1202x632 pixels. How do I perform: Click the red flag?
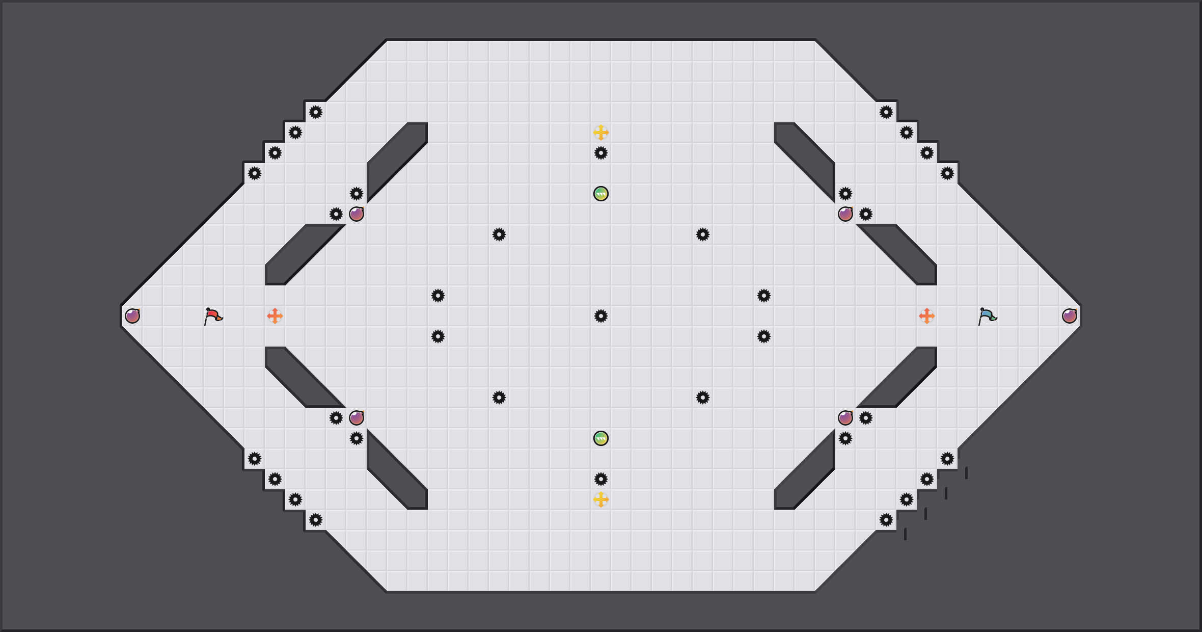pyautogui.click(x=213, y=317)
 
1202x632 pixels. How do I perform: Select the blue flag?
pyautogui.click(x=987, y=317)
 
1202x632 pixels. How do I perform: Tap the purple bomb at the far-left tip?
pyautogui.click(x=132, y=316)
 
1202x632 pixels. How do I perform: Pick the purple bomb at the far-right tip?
pyautogui.click(x=1070, y=316)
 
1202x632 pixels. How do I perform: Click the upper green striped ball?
pyautogui.click(x=601, y=194)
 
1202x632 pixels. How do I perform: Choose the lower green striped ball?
pyautogui.click(x=601, y=438)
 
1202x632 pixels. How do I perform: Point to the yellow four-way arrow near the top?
pyautogui.click(x=601, y=133)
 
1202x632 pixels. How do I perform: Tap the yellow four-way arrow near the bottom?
pyautogui.click(x=601, y=499)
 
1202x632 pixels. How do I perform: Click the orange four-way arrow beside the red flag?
pyautogui.click(x=275, y=316)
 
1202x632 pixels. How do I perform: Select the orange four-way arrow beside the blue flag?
pyautogui.click(x=927, y=316)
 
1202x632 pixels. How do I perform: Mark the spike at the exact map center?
pyautogui.click(x=601, y=316)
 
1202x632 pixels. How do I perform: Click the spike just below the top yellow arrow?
pyautogui.click(x=601, y=153)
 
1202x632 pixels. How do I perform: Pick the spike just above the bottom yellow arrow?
pyautogui.click(x=601, y=479)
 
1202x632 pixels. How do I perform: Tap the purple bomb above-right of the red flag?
pyautogui.click(x=357, y=214)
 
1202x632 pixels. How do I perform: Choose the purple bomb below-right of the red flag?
pyautogui.click(x=357, y=418)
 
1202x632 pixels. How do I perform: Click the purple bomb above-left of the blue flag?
pyautogui.click(x=845, y=214)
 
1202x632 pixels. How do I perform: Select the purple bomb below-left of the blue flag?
pyautogui.click(x=845, y=418)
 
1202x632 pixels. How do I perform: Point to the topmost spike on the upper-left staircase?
pyautogui.click(x=316, y=112)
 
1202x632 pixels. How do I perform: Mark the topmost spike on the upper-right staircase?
pyautogui.click(x=886, y=112)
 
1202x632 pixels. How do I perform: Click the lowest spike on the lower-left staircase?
pyautogui.click(x=316, y=520)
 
